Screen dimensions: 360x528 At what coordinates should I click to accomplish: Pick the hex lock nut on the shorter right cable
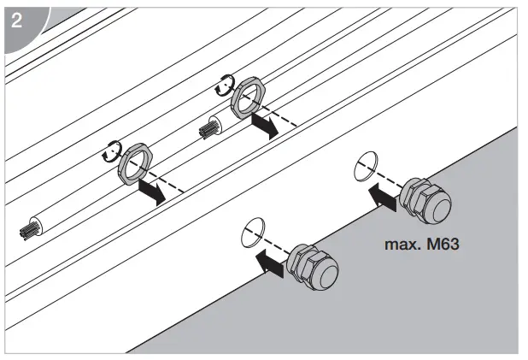click(248, 96)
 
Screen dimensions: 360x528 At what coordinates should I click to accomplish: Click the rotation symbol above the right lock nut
click(225, 84)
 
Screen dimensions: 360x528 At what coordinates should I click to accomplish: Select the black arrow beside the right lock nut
click(266, 125)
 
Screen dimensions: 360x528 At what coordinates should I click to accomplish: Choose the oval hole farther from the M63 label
click(253, 231)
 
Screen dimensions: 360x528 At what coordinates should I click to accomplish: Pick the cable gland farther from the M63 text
click(314, 268)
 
